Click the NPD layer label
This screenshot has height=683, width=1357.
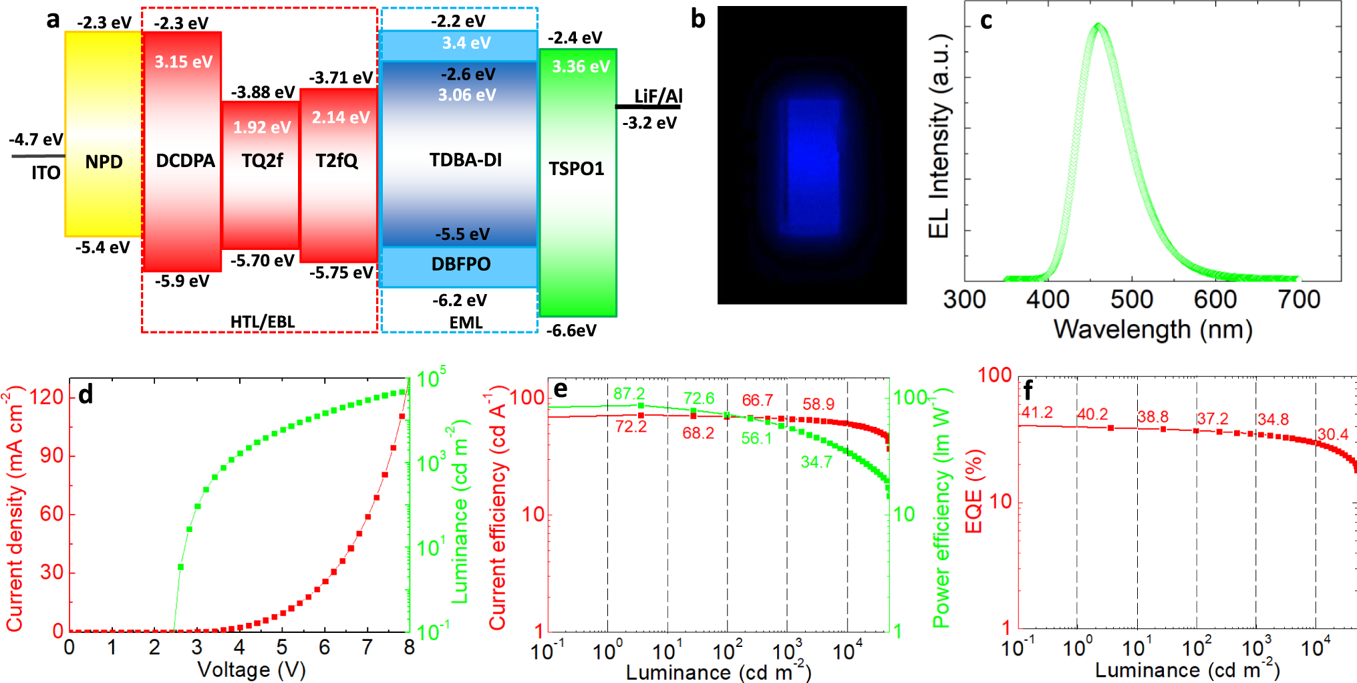coord(104,162)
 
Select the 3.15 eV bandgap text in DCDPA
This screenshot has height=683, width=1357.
coord(183,62)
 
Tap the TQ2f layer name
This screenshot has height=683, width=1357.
coord(262,160)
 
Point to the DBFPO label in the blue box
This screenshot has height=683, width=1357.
coord(460,264)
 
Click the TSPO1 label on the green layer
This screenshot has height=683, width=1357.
coord(576,168)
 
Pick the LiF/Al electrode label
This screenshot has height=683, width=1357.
coord(657,96)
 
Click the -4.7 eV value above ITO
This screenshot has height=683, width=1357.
coord(35,140)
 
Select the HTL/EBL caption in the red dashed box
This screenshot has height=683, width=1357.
coord(262,322)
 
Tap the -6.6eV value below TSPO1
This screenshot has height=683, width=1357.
coord(571,331)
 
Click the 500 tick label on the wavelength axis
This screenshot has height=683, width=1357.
coord(1131,299)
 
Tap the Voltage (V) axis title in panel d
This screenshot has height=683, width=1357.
coord(251,669)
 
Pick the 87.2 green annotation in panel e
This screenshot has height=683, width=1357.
coord(629,394)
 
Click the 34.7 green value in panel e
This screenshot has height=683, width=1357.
coord(816,462)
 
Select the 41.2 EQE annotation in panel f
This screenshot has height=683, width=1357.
coord(1036,412)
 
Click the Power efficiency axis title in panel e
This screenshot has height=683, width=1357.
coord(941,508)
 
